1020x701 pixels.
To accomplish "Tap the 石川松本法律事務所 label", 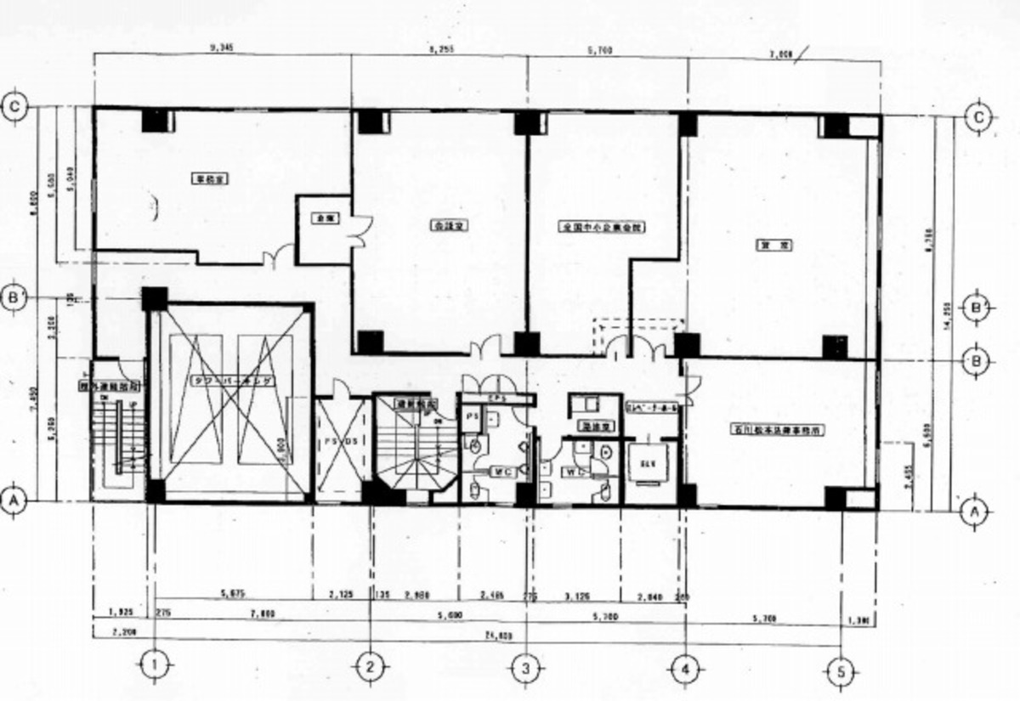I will point(779,430).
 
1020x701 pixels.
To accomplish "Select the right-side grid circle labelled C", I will point(981,117).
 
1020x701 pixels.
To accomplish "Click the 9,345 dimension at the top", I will point(221,48).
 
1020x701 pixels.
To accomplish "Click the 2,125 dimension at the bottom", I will point(343,595).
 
